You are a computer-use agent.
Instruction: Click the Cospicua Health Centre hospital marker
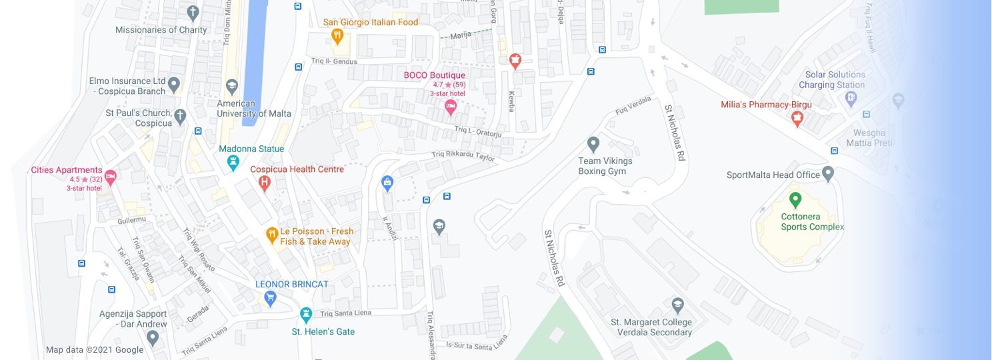[x=265, y=181]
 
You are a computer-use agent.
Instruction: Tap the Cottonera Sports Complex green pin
[x=795, y=199]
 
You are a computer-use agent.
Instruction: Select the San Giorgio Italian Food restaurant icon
[x=338, y=35]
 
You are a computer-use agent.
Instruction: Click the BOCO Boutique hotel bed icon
[x=451, y=106]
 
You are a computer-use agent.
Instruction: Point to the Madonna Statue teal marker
[x=233, y=161]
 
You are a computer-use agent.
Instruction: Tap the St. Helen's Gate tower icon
[x=306, y=313]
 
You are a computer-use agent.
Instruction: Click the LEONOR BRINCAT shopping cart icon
[x=270, y=297]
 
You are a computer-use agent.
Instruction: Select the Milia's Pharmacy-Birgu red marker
[x=797, y=118]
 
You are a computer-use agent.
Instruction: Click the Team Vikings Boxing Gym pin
[x=593, y=144]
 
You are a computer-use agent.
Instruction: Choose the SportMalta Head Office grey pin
[x=828, y=174]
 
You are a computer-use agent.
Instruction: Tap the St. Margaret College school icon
[x=677, y=305]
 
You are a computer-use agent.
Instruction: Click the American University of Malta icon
[x=231, y=85]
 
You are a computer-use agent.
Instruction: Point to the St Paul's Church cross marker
[x=179, y=117]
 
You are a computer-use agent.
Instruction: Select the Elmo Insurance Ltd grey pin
[x=174, y=84]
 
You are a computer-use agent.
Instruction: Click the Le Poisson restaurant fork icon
[x=272, y=235]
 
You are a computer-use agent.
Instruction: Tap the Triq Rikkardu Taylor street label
[x=463, y=157]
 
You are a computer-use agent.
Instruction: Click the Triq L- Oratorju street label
[x=477, y=131]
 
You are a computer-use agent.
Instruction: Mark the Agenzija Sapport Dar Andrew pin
[x=153, y=337]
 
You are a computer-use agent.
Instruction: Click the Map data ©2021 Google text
[x=95, y=350]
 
